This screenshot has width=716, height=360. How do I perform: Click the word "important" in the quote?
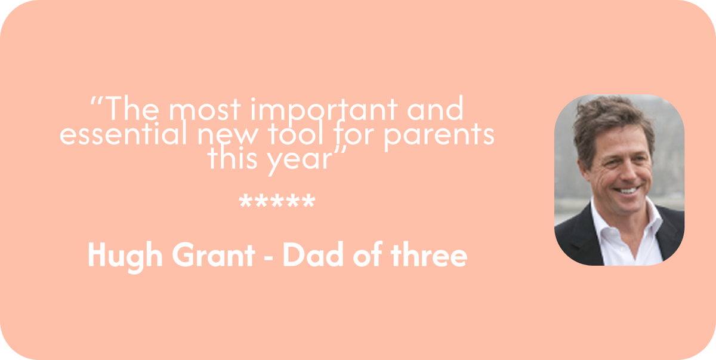[324, 110]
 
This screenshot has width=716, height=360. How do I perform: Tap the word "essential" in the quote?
[123, 133]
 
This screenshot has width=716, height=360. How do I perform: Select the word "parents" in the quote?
[439, 137]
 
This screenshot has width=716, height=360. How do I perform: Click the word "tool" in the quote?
[296, 133]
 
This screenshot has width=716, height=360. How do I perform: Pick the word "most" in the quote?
[204, 109]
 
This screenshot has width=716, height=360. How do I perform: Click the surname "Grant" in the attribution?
[214, 255]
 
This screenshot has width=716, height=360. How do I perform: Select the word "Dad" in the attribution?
[313, 255]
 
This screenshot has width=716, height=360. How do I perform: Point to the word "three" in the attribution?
[429, 254]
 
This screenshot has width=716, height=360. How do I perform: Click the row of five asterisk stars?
[277, 201]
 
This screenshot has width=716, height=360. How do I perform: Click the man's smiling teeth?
[627, 190]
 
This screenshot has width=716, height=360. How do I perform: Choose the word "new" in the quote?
[227, 136]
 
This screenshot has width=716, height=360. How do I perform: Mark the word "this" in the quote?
[232, 158]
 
